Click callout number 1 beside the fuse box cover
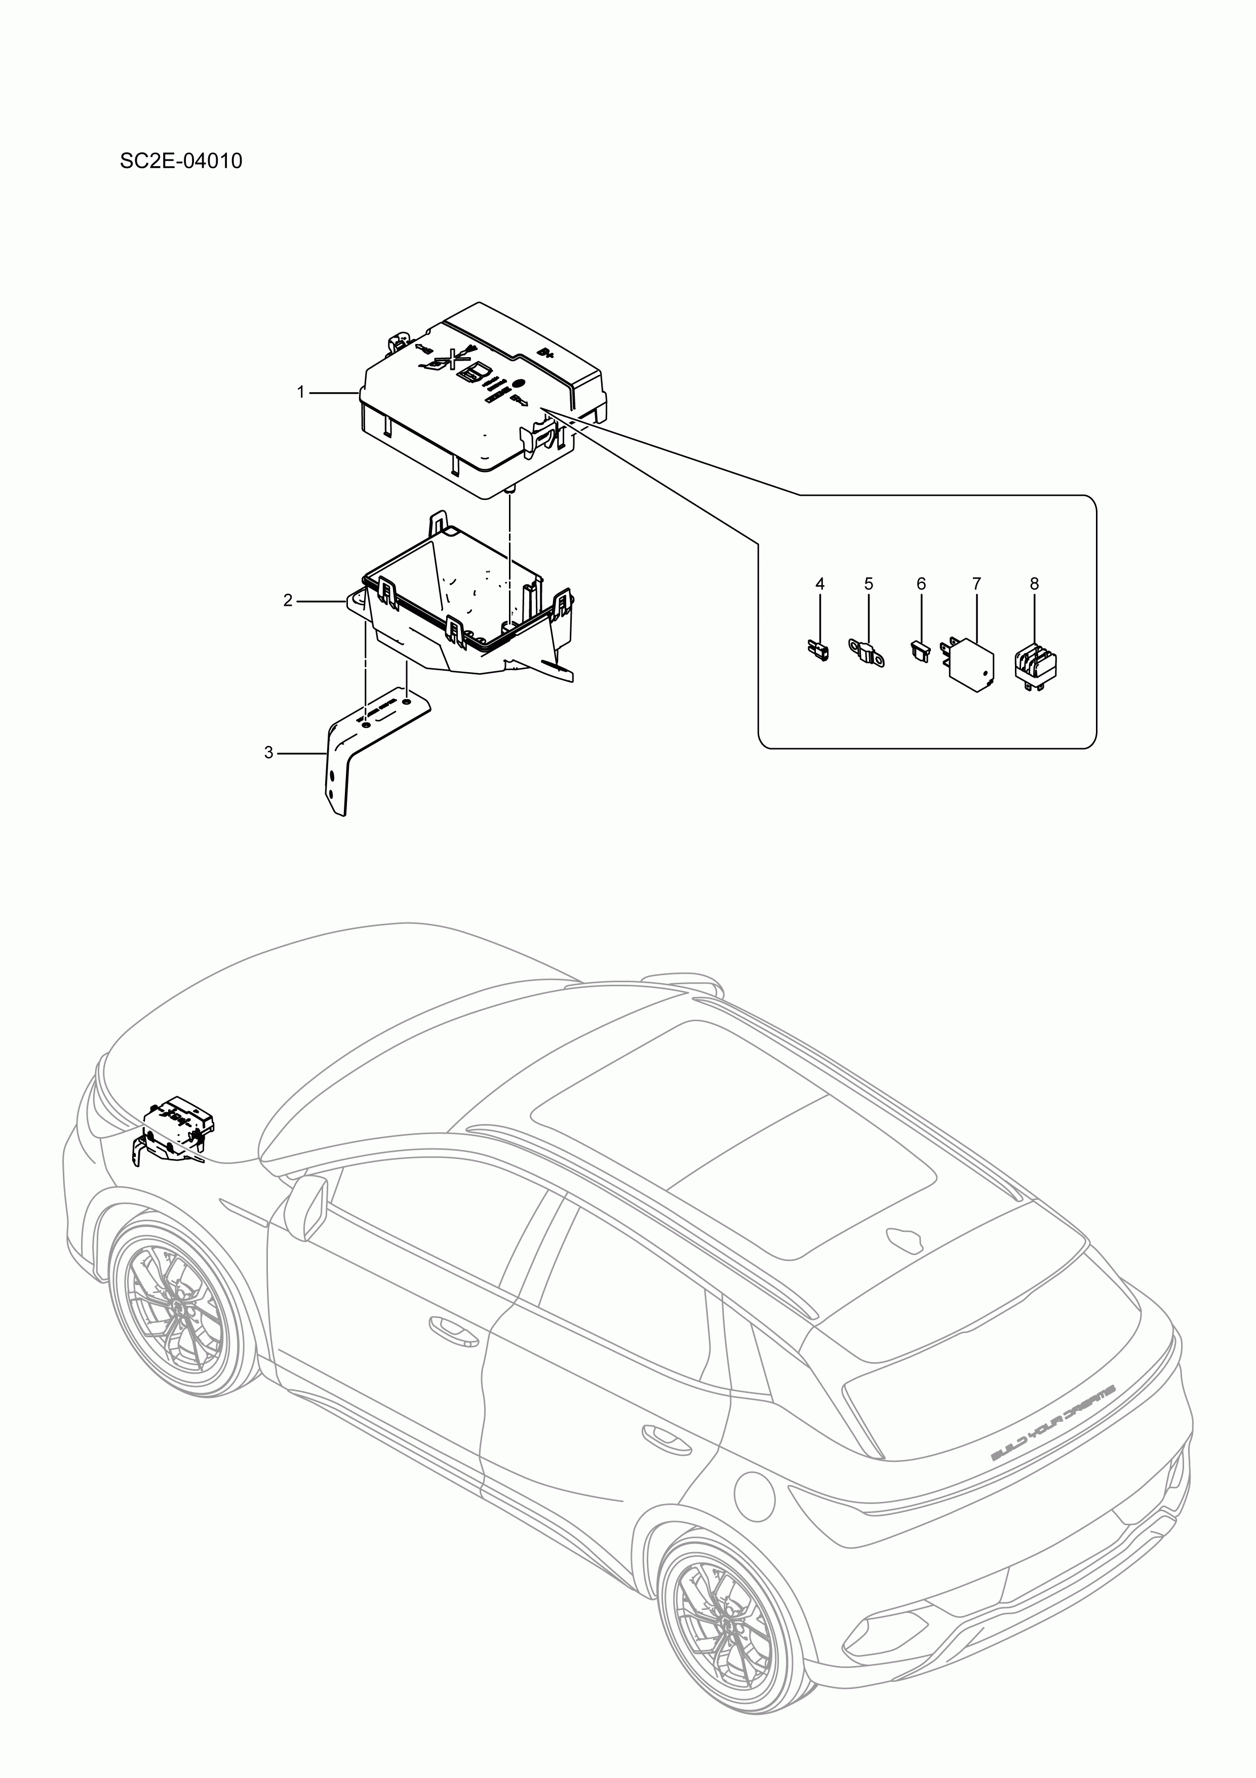click(x=301, y=393)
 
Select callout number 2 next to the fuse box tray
click(x=288, y=600)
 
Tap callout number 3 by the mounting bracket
click(x=269, y=753)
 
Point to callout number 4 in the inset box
click(x=819, y=584)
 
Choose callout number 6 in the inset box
click(x=921, y=584)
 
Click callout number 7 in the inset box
click(x=976, y=584)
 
